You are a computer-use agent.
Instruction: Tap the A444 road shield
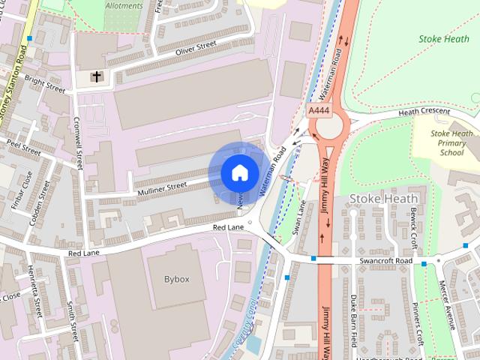click(x=319, y=110)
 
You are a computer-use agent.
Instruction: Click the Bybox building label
click(x=177, y=279)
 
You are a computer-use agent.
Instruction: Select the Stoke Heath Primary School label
click(x=451, y=142)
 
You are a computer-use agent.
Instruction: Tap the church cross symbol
click(x=96, y=76)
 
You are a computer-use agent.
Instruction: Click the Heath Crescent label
click(x=424, y=112)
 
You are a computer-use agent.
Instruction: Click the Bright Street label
click(x=45, y=83)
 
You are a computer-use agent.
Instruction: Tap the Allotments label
click(x=124, y=5)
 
